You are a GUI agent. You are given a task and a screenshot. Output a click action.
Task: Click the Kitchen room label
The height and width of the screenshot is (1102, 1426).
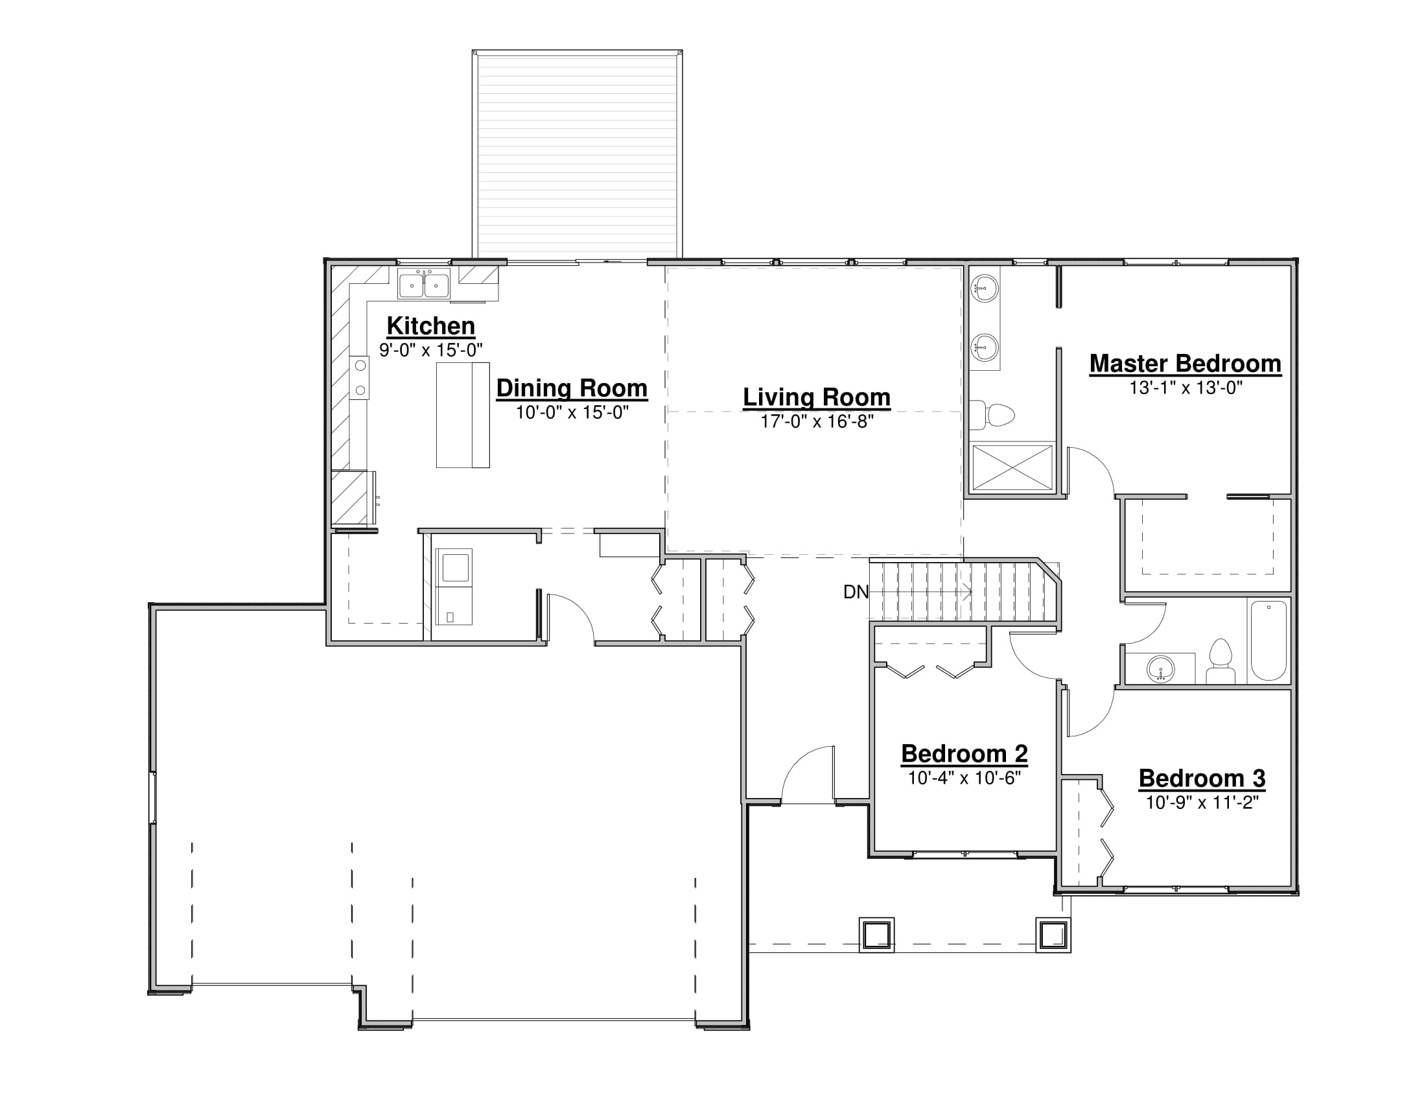click(x=431, y=326)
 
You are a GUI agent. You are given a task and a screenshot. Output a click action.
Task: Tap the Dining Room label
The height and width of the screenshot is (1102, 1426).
click(x=571, y=388)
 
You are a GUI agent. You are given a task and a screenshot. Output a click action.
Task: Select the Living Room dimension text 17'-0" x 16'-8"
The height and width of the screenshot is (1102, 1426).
click(x=817, y=422)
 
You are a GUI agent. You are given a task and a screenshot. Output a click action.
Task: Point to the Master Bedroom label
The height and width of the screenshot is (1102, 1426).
click(x=1185, y=364)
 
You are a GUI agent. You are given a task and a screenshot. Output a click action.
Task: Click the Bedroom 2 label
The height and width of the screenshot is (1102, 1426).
click(x=964, y=754)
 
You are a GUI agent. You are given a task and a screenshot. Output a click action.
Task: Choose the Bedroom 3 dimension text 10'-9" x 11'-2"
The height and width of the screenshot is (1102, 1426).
click(x=1202, y=803)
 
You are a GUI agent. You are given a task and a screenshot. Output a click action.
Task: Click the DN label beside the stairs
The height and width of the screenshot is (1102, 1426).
click(x=856, y=592)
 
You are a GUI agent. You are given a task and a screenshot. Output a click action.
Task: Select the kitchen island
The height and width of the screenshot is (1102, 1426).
click(x=463, y=416)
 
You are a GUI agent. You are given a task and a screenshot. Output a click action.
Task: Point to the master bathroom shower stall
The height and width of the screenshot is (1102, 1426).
click(x=1012, y=467)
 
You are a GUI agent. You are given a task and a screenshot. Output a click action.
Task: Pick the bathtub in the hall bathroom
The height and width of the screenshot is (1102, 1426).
click(x=1268, y=641)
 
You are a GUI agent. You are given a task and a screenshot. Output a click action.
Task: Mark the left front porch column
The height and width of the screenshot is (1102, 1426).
click(x=876, y=935)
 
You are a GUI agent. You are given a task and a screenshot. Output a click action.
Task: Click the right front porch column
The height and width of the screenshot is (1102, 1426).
click(x=1053, y=935)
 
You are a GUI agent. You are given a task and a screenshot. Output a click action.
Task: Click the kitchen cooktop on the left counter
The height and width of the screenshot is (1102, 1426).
click(x=360, y=378)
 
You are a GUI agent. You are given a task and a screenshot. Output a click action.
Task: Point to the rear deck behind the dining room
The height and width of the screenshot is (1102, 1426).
click(x=577, y=154)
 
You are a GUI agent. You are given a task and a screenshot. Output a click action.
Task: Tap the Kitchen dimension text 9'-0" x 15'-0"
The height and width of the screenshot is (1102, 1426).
click(x=431, y=350)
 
